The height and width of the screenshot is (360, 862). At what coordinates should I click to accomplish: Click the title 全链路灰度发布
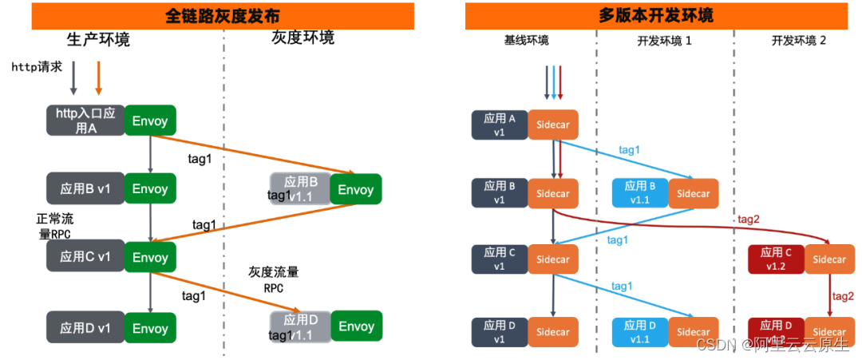tap(223, 16)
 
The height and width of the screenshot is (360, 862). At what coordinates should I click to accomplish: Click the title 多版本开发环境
tap(655, 16)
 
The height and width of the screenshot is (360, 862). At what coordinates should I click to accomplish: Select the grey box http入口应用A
tap(85, 121)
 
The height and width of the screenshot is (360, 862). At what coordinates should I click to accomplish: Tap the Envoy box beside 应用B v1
tap(150, 189)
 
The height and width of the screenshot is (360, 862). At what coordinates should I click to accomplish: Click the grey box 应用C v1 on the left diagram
tap(85, 257)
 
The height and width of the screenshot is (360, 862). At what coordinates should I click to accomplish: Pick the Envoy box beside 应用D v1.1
tap(356, 326)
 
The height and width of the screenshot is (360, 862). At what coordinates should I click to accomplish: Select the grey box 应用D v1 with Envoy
tap(85, 328)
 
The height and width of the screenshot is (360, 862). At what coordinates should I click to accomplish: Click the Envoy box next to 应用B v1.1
tap(356, 189)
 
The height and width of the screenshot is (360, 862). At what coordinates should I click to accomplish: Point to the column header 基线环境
tap(526, 41)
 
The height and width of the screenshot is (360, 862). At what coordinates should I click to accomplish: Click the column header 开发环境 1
tap(664, 41)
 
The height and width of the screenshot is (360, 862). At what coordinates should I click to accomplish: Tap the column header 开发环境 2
tap(799, 41)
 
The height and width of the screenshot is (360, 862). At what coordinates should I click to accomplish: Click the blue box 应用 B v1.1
tap(640, 193)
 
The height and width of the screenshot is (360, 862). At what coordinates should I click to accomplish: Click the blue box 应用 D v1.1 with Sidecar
tap(640, 331)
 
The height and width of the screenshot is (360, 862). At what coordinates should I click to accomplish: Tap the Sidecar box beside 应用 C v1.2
tap(829, 259)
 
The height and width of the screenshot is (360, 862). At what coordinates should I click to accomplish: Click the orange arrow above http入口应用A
tap(97, 78)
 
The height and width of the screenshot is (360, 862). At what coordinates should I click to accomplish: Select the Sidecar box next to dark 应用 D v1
tap(553, 331)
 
